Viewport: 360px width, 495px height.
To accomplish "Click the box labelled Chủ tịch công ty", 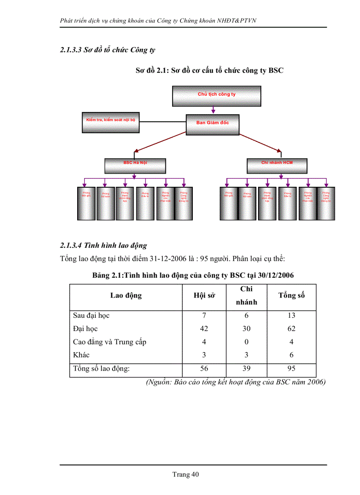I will (216, 96).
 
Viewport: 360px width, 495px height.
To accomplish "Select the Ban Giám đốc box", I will (213, 124).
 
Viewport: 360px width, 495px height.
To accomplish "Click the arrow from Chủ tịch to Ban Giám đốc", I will (213, 110).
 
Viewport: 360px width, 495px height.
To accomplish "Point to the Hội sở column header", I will (204, 296).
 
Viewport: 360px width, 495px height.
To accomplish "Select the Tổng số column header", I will (291, 295).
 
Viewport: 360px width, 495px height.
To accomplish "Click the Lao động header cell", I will (126, 295).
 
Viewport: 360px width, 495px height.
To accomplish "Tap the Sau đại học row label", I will (91, 316).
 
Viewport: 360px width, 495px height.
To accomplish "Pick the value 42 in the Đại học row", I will (204, 329).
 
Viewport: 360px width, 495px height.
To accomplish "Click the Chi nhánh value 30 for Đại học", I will (247, 329).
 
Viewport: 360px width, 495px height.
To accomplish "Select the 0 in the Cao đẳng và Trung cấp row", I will (247, 342).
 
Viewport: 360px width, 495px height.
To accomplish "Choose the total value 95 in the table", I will (291, 369).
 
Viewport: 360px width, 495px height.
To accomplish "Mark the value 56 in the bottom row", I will (204, 369).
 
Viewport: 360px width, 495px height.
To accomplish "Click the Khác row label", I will (82, 355).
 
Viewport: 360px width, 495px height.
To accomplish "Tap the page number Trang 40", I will (186, 474).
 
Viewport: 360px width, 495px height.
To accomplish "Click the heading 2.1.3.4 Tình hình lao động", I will (104, 245).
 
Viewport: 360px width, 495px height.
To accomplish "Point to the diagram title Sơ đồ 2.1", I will (210, 70).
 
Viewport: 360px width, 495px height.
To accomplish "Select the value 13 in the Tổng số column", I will (291, 316).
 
